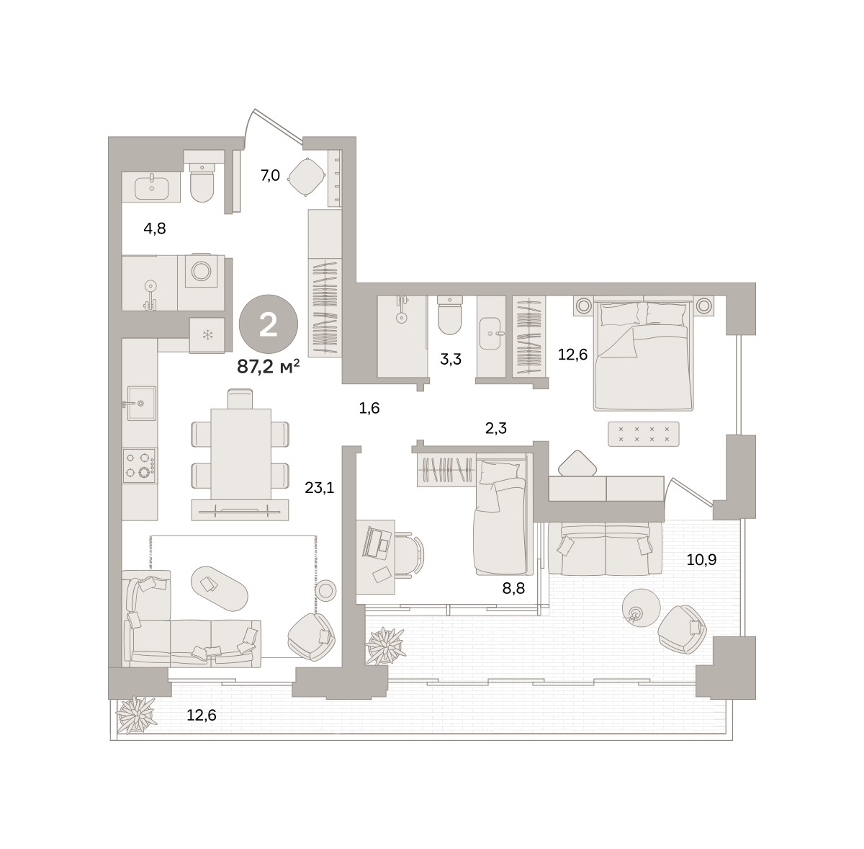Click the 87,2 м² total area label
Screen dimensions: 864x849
(268, 367)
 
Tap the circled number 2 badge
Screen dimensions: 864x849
(268, 324)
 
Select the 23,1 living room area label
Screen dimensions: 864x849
(319, 488)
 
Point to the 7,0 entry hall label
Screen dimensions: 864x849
(270, 175)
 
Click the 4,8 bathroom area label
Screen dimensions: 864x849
(155, 228)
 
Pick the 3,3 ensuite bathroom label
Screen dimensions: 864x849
(451, 359)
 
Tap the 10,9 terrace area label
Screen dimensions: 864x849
(702, 559)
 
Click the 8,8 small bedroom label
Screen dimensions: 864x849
(513, 588)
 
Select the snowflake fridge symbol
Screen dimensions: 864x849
(207, 334)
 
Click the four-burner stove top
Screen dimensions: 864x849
(140, 466)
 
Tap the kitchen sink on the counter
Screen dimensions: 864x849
(141, 403)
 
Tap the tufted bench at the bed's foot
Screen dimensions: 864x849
(644, 434)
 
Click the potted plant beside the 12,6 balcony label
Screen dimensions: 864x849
(136, 721)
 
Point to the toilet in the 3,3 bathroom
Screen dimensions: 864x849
(449, 315)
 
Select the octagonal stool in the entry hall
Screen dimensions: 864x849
(306, 177)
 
